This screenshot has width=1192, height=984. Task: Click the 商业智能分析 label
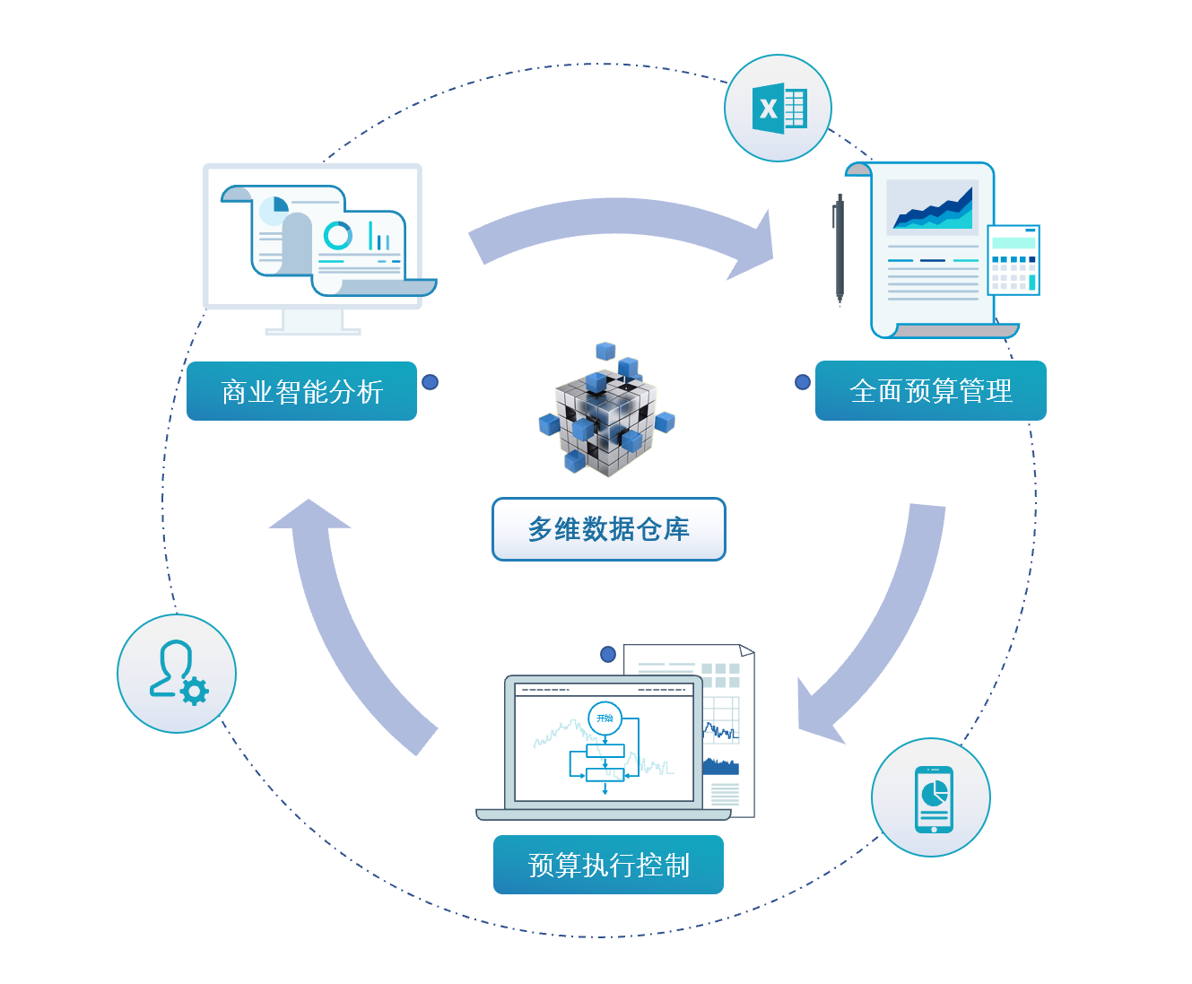[x=301, y=391]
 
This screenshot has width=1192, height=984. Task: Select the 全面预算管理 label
[x=930, y=390]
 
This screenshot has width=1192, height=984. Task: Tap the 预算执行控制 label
[x=608, y=865]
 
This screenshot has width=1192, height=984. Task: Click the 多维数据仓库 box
[x=608, y=529]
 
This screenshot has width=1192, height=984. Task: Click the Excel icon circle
[x=778, y=109]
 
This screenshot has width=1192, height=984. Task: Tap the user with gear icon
[x=177, y=674]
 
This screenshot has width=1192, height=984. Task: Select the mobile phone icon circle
[x=931, y=797]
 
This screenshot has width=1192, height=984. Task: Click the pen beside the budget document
[x=840, y=251]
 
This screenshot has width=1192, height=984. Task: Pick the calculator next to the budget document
[x=1014, y=259]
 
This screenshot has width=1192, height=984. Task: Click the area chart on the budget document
[x=933, y=208]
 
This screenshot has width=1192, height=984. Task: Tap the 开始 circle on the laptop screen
[x=605, y=718]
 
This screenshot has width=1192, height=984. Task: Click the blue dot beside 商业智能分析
[x=431, y=382]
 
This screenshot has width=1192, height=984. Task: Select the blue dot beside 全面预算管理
[x=803, y=382]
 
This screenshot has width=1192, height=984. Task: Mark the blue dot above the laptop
[x=608, y=654]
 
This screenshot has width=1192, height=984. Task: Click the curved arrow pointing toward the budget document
[x=619, y=229]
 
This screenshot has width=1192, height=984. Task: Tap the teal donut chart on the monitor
[x=337, y=235]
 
